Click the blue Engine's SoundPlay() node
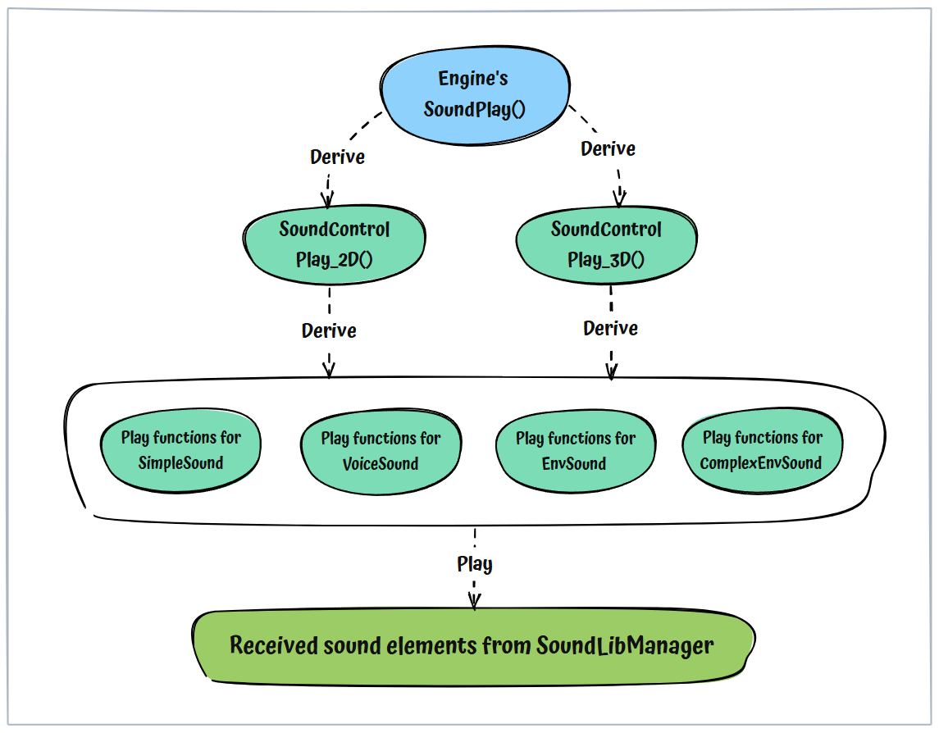474,94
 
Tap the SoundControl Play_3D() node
606,244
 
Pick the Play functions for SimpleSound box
180,449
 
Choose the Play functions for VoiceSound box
381,450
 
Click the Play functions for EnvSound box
575,450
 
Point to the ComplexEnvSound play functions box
762,449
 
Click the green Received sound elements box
472,646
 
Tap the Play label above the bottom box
475,564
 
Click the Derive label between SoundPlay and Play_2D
337,157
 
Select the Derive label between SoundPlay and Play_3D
608,149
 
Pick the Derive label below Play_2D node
329,331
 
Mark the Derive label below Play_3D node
610,328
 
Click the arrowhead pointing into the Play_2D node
329,202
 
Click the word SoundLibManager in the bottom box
625,646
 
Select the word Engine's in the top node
473,80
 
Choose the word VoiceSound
381,464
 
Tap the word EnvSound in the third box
575,464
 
